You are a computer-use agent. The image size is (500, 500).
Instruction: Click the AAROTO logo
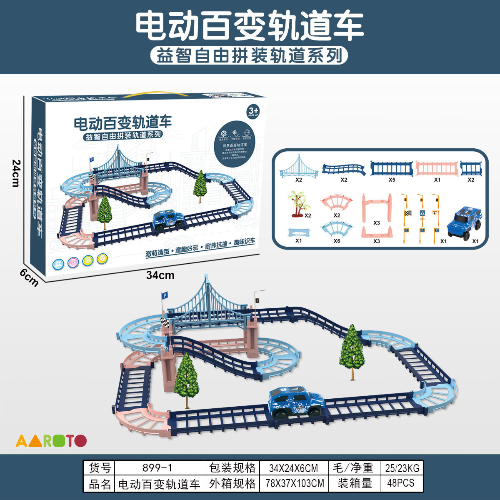pyautogui.click(x=51, y=440)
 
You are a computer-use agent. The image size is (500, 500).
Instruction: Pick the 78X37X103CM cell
pyautogui.click(x=294, y=483)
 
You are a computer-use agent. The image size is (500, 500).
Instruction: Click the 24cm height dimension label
pyautogui.click(x=16, y=173)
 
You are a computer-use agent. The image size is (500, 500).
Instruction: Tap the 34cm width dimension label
pyautogui.click(x=160, y=275)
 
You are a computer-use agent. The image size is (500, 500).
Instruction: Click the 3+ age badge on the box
pyautogui.click(x=253, y=111)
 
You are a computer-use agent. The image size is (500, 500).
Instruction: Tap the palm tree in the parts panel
pyautogui.click(x=298, y=204)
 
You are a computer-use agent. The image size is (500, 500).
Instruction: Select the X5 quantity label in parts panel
pyautogui.click(x=392, y=180)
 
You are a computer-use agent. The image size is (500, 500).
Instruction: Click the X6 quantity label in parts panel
pyautogui.click(x=337, y=241)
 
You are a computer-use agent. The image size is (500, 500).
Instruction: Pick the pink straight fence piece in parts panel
pyautogui.click(x=436, y=168)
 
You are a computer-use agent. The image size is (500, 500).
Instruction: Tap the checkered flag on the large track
pyautogui.click(x=165, y=322)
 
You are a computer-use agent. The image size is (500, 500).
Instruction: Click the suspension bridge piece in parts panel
pyautogui.click(x=298, y=167)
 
